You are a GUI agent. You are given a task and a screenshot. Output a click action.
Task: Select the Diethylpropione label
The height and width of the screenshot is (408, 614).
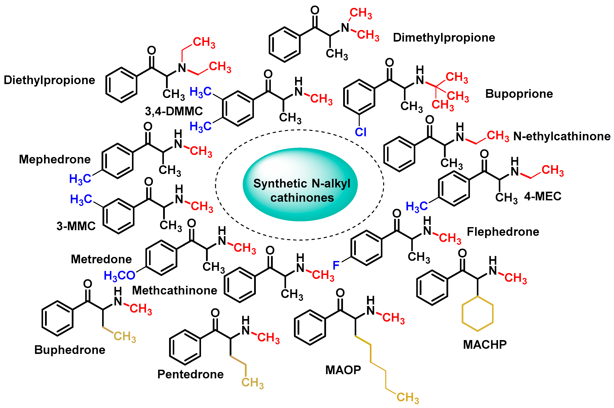pos(49,80)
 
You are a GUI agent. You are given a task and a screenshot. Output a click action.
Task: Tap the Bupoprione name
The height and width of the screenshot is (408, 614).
pos(519,94)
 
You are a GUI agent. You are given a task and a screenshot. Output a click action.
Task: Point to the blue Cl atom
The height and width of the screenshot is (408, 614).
pos(360,132)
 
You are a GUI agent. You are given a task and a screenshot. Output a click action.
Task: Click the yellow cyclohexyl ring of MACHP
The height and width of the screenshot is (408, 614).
pos(477,314)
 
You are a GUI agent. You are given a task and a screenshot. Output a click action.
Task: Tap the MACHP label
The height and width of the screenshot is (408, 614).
pos(485,345)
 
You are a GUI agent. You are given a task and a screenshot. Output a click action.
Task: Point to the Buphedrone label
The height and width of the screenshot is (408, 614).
pos(70,350)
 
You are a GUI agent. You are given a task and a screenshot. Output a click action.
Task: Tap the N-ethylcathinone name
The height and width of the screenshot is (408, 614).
pos(562,136)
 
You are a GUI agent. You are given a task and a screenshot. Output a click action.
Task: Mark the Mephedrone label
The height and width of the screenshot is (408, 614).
pos(55,159)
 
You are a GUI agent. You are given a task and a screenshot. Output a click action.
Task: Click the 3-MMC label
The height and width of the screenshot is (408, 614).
pos(76,226)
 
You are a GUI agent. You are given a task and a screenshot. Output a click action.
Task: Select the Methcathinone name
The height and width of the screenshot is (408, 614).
pos(174,290)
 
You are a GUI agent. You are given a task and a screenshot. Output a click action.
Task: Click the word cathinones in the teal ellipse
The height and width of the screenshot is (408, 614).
pos(302,198)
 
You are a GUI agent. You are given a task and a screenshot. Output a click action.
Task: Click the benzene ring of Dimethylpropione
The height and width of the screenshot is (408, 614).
pos(284,45)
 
